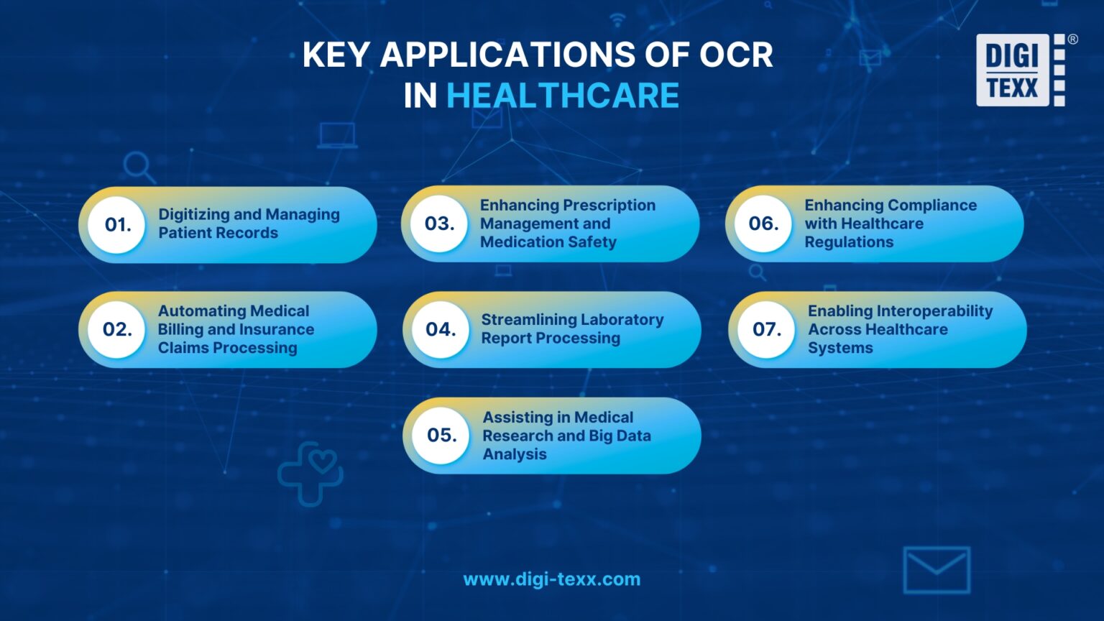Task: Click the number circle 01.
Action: click(117, 225)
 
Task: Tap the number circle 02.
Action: click(117, 329)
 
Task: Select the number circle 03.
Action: click(439, 224)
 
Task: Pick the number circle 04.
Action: click(441, 329)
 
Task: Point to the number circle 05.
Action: click(441, 435)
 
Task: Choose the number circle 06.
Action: click(763, 224)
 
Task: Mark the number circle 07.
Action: click(767, 329)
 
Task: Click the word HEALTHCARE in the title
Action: click(562, 96)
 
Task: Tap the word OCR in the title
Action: click(736, 55)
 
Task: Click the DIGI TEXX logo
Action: click(1019, 70)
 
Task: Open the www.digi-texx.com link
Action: click(551, 579)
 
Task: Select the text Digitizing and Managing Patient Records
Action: click(249, 224)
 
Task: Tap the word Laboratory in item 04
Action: click(622, 320)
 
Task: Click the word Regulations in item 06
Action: click(849, 242)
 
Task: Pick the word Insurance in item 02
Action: click(277, 329)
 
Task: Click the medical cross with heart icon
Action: click(310, 473)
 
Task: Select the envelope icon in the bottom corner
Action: click(936, 570)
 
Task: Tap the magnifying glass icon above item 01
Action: click(139, 167)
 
